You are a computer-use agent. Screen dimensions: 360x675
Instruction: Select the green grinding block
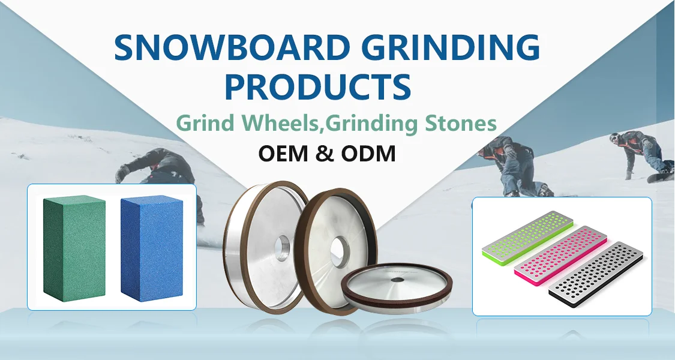[x=74, y=246]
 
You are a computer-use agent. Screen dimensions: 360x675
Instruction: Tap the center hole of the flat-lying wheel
[x=397, y=279]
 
